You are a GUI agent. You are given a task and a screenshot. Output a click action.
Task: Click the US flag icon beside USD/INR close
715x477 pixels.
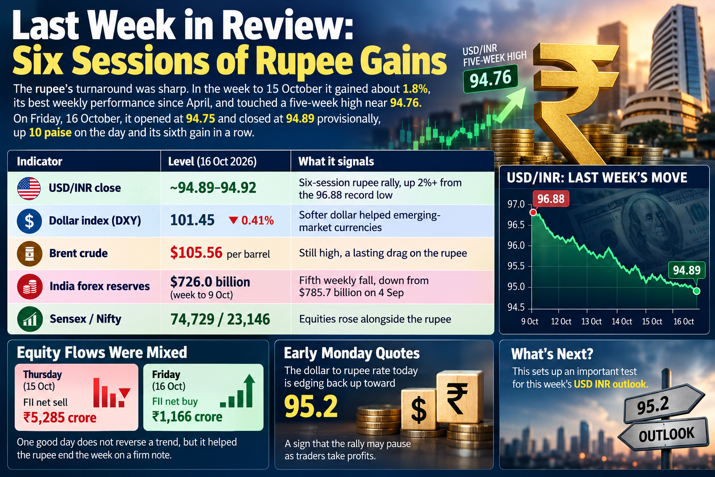29,189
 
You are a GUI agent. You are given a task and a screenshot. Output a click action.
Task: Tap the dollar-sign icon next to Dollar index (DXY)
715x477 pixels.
29,221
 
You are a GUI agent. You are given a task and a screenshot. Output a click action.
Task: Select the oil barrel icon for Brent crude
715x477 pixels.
29,254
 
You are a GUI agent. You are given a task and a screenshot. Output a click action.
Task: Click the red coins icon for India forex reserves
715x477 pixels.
30,286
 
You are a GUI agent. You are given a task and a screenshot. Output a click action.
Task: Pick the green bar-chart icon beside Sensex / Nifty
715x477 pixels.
30,319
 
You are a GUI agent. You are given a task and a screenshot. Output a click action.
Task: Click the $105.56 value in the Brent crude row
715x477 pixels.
196,253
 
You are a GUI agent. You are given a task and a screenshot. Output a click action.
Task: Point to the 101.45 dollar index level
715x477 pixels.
192,220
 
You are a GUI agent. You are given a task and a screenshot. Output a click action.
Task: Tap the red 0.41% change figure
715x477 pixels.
257,220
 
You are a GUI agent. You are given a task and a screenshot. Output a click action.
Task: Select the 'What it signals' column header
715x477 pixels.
336,161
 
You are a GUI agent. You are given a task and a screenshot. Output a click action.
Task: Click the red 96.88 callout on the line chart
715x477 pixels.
551,199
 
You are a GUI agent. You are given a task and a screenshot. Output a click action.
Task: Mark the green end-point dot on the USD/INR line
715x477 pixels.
696,291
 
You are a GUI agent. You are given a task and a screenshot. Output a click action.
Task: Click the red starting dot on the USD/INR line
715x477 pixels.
533,212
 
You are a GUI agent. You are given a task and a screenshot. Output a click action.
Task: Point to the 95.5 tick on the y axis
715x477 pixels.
516,266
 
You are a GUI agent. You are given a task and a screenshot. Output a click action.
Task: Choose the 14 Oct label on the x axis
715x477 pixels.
621,321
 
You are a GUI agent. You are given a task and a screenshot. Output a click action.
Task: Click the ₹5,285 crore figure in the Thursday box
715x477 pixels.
60,417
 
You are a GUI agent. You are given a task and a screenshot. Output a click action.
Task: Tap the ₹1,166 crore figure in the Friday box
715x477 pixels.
187,416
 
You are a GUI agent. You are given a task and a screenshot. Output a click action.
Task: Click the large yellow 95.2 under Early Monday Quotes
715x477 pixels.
311,406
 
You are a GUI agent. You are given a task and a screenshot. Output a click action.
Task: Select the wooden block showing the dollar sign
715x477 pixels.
418,409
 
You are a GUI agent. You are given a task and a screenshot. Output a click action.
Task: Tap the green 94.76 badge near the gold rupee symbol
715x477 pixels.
490,79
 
